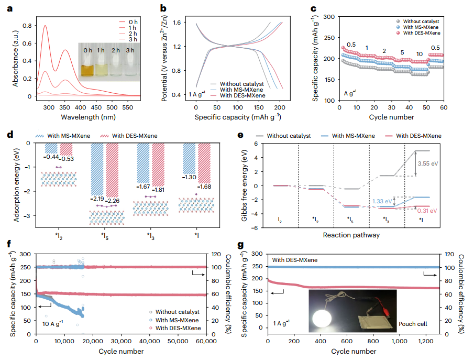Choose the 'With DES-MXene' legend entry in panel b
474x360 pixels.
[242, 95]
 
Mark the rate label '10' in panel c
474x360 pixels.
[420, 54]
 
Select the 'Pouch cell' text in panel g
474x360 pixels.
[412, 324]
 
